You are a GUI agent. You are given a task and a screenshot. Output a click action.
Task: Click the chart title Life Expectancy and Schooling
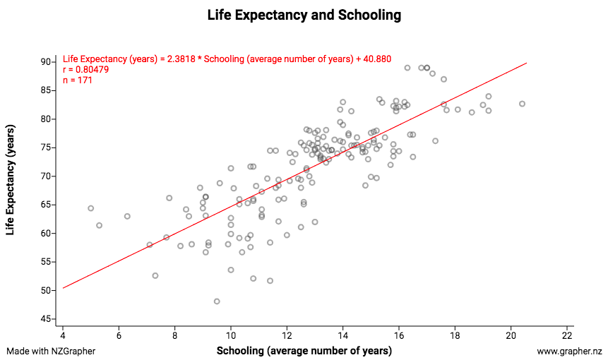click(304, 15)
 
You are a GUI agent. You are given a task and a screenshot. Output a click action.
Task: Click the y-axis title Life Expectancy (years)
click(12, 191)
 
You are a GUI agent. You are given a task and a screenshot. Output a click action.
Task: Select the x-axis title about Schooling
click(304, 351)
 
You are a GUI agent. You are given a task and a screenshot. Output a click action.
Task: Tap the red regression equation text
click(227, 59)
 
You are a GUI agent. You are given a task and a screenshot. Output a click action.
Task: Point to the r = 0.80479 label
click(85, 70)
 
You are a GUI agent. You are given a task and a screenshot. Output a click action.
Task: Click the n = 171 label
click(78, 80)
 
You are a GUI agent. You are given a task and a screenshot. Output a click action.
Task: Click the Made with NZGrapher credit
click(50, 351)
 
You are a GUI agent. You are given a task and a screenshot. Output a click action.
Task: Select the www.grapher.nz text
click(569, 351)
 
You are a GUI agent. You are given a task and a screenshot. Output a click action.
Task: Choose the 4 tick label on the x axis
click(63, 335)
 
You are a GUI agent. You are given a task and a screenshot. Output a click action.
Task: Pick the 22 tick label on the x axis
click(568, 335)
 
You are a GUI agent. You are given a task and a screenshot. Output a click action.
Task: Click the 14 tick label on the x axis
click(343, 335)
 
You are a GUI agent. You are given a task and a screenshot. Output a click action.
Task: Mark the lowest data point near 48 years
click(217, 301)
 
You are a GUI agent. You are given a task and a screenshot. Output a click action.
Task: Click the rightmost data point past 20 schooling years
click(523, 104)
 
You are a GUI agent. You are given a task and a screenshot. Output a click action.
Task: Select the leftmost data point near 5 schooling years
click(90, 208)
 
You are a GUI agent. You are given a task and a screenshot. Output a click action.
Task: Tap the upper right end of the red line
click(527, 63)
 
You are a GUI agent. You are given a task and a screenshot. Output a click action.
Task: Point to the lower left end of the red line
click(63, 288)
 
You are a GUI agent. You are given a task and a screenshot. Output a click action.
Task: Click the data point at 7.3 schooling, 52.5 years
click(155, 275)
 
